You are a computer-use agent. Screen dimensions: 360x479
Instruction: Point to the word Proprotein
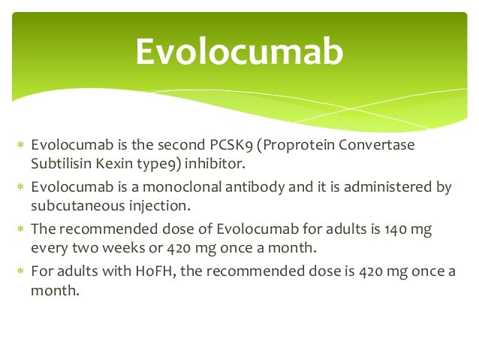[x=305, y=144]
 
